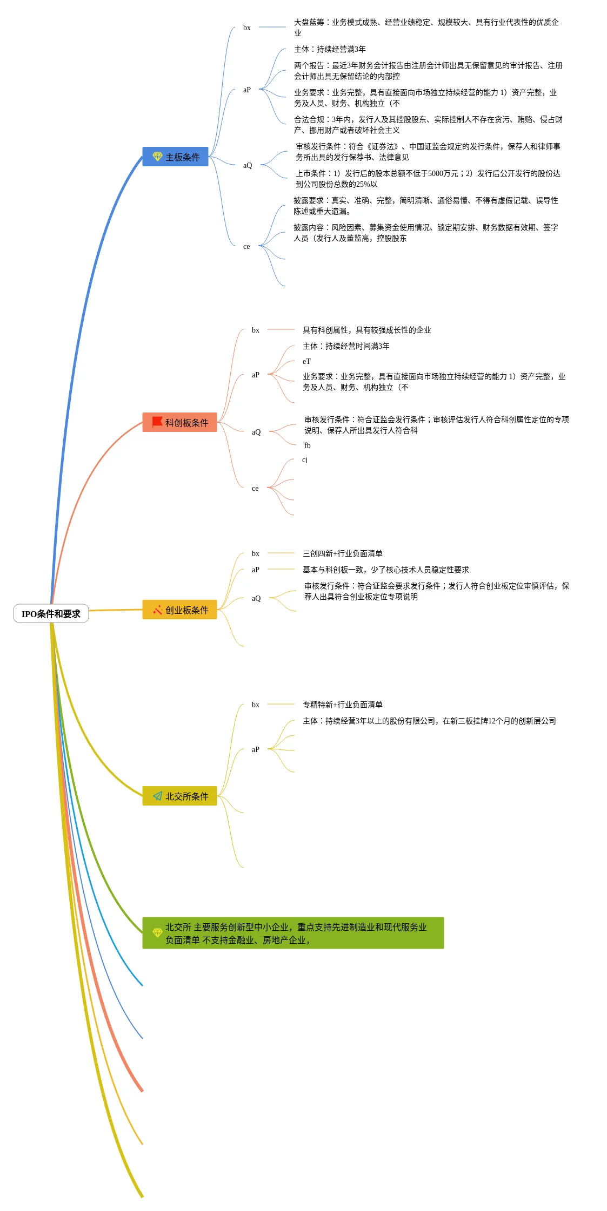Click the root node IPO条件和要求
click(51, 613)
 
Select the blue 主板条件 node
click(175, 157)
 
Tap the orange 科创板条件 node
click(179, 422)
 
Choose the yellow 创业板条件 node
click(179, 610)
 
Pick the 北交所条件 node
click(179, 796)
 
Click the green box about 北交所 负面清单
click(293, 933)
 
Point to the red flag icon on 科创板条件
click(157, 422)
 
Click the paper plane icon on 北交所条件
click(157, 796)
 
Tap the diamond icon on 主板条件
click(157, 157)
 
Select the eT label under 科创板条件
click(306, 361)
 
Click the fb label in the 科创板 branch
click(307, 445)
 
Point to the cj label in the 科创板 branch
click(305, 459)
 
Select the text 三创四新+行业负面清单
click(342, 553)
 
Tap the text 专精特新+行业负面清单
click(342, 705)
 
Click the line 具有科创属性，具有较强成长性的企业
click(366, 330)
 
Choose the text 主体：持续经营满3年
click(330, 49)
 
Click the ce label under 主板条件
click(246, 246)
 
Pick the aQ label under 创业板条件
click(256, 598)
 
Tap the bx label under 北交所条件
click(256, 705)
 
